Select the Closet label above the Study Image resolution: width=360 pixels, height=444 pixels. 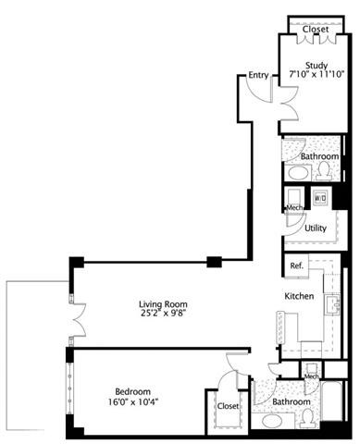coord(315,29)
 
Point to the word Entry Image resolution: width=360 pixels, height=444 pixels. coord(258,75)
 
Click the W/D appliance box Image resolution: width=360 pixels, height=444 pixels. coord(320,197)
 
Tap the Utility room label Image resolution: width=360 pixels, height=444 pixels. coord(315,227)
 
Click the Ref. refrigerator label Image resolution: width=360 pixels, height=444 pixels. coord(296,266)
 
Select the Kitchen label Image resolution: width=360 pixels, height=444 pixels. coord(299,297)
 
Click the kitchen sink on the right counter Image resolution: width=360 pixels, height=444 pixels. coord(332,305)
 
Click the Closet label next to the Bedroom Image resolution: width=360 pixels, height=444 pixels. coord(228,405)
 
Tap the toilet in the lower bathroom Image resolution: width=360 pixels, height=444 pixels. coord(305,418)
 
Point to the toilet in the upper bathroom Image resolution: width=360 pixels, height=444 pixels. coord(325,169)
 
